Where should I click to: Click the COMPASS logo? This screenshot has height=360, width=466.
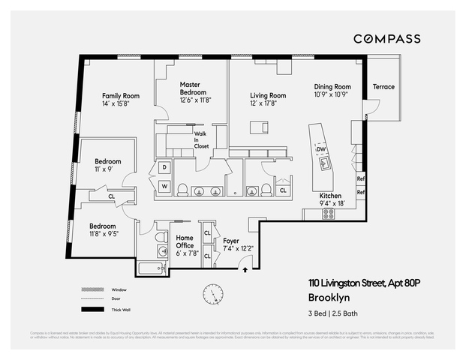(386, 38)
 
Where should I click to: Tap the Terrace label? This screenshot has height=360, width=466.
(383, 87)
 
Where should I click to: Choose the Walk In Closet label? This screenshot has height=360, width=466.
(201, 140)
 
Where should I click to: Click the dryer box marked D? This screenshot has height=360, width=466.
(164, 167)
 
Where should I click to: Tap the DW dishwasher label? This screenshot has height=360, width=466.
(320, 150)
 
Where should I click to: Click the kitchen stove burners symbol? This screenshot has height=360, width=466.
(328, 213)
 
